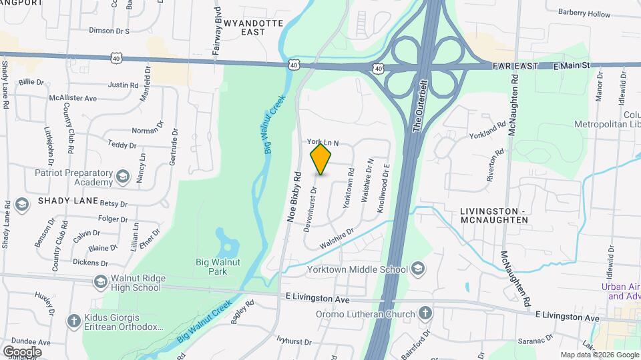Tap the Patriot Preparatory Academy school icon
[122, 177]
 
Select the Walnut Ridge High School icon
[100, 282]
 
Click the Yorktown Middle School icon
[417, 269]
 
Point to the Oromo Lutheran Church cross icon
[425, 313]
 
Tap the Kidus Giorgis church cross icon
[75, 321]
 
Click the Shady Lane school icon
[21, 203]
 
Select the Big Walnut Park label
[217, 267]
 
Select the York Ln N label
[323, 142]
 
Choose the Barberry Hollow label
[584, 14]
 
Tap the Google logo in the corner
[21, 351]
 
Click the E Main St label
[573, 66]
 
